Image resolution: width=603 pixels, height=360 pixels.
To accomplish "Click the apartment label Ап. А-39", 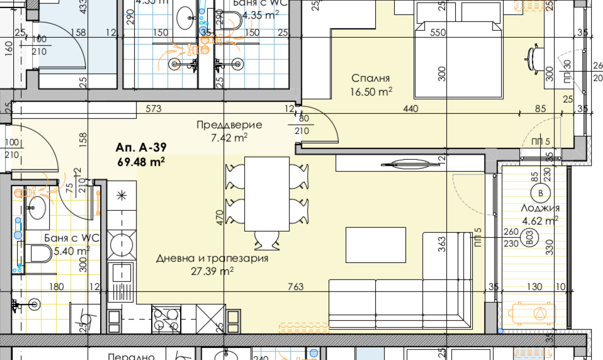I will [140, 149].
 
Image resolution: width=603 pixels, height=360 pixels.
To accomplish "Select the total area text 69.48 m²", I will [141, 162].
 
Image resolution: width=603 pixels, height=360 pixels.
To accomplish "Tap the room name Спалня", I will [371, 79].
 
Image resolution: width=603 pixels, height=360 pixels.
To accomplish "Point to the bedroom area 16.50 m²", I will [371, 91].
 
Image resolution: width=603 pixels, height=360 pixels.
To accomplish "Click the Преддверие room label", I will [229, 125].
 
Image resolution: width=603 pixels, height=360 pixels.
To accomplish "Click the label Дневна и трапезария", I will [212, 258].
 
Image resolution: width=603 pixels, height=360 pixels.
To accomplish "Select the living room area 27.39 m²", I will [212, 271].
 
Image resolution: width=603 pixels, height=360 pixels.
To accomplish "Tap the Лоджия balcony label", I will [540, 208].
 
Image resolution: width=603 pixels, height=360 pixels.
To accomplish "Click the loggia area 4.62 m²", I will [540, 220].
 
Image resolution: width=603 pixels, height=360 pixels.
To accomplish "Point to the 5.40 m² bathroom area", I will [71, 250].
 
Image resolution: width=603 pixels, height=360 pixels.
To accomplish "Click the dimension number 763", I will [295, 287].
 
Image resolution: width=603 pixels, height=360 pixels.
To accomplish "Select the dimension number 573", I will [154, 109].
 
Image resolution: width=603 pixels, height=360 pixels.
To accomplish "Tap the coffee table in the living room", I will [376, 245].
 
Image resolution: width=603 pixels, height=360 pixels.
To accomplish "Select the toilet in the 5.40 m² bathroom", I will [39, 255].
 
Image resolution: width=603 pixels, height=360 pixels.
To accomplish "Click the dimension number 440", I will [410, 109].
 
